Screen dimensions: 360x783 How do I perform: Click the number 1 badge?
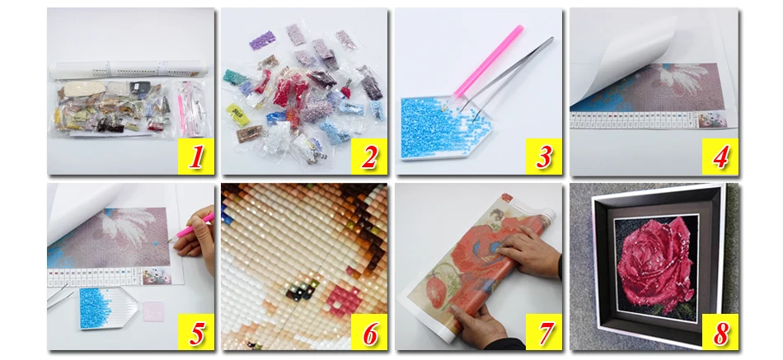coord(196,156)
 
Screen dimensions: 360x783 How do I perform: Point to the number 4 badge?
coord(720,156)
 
